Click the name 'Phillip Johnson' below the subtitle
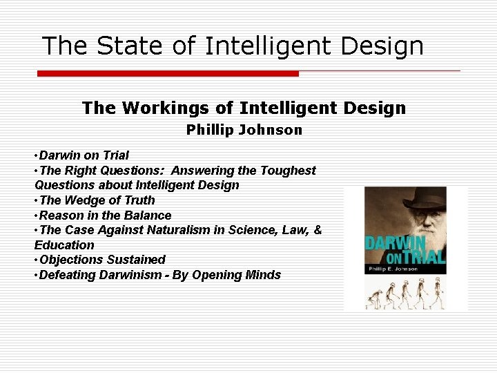point(244,130)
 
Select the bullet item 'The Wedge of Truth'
point(97,200)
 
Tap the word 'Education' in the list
point(64,245)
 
